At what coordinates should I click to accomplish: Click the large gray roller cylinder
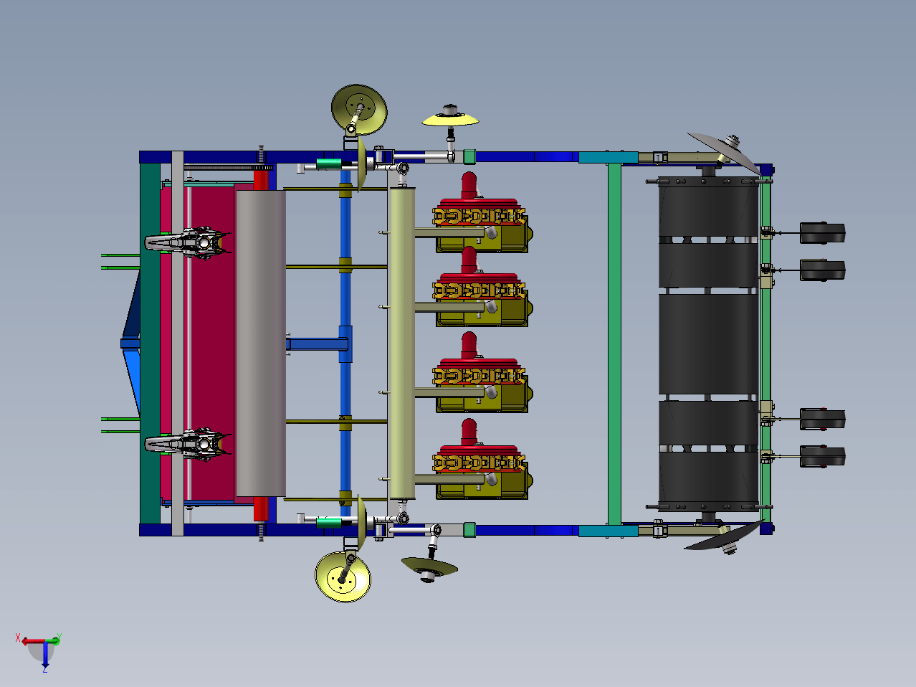[x=261, y=343]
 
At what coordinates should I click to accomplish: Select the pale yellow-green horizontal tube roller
[x=401, y=343]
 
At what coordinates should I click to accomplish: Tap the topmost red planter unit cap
[x=469, y=185]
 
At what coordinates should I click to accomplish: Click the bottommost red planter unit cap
[x=469, y=432]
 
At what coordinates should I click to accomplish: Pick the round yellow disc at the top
[x=359, y=109]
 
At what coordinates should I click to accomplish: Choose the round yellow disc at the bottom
[x=343, y=577]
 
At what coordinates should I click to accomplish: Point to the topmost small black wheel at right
[x=823, y=233]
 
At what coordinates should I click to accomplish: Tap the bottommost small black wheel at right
[x=823, y=456]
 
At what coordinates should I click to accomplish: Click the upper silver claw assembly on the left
[x=188, y=242]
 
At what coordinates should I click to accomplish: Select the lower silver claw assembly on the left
[x=188, y=444]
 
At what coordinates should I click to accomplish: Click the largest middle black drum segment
[x=708, y=344]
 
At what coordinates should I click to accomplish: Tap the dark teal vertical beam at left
[x=150, y=343]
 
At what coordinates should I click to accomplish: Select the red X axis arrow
[x=33, y=641]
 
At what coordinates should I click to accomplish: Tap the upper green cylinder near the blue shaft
[x=329, y=164]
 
